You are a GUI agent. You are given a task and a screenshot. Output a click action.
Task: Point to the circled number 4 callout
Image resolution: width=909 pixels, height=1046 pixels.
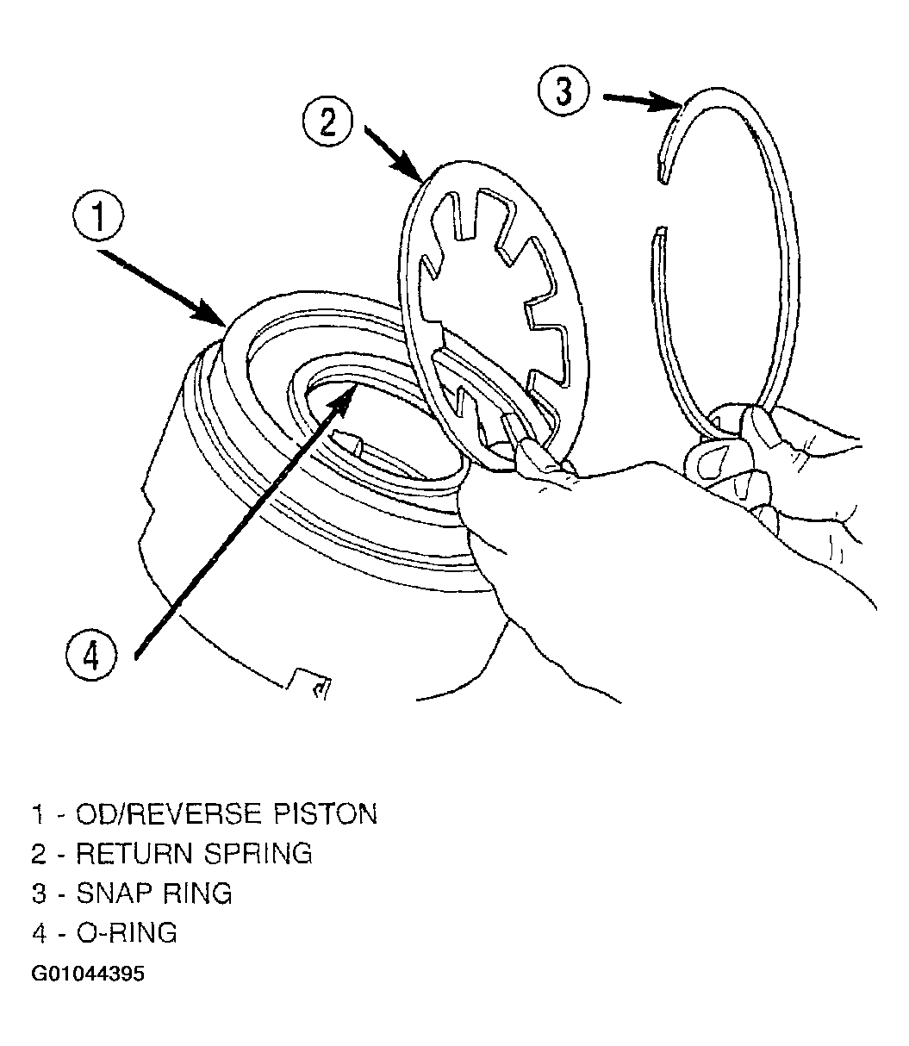point(91,656)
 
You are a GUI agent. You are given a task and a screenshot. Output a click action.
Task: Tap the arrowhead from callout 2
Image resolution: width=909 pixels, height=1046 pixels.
point(408,166)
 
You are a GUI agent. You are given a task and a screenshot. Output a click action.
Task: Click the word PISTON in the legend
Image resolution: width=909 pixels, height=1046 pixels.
point(325,814)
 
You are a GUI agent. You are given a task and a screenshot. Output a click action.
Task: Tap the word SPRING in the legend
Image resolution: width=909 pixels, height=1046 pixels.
point(258,854)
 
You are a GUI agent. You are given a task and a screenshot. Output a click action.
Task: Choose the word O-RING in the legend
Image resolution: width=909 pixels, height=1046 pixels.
point(127,933)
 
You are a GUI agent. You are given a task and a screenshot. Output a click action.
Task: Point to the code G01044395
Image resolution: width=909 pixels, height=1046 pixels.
point(88,974)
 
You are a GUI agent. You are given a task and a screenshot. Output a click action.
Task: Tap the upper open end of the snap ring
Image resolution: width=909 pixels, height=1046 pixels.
point(662,178)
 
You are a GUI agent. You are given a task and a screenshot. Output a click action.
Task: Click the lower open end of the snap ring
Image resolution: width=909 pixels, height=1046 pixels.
point(660,231)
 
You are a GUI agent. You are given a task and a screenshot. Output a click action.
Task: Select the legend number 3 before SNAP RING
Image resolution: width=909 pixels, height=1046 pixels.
point(39,893)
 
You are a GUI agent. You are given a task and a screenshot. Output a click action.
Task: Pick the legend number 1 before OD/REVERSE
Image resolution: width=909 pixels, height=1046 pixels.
point(37,814)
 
